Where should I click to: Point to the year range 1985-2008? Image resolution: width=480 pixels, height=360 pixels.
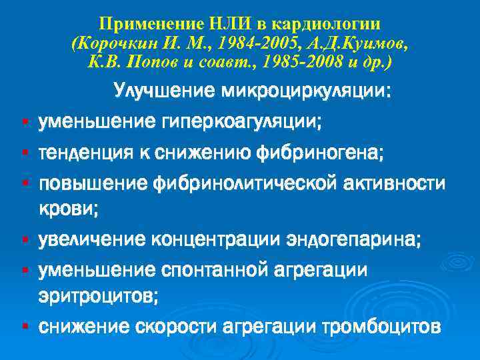[303, 62]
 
